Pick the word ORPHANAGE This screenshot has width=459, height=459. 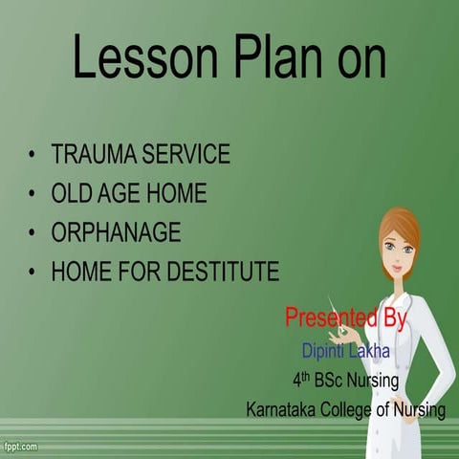pyautogui.click(x=116, y=232)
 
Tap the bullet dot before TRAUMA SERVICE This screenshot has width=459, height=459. pyautogui.click(x=33, y=155)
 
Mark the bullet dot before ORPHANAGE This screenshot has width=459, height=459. pyautogui.click(x=33, y=233)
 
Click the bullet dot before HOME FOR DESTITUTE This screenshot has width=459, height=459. pyautogui.click(x=33, y=273)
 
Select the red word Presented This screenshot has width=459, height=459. pyautogui.click(x=322, y=317)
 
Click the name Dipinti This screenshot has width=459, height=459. pyautogui.click(x=323, y=350)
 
